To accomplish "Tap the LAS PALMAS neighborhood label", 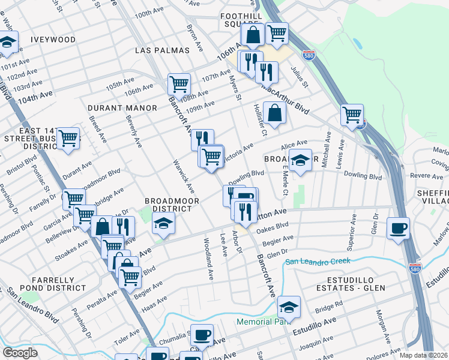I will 162,50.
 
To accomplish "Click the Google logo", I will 20,353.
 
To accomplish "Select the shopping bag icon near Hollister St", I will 274,112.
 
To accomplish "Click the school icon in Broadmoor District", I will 162,224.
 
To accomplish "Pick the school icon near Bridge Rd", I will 289,307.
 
